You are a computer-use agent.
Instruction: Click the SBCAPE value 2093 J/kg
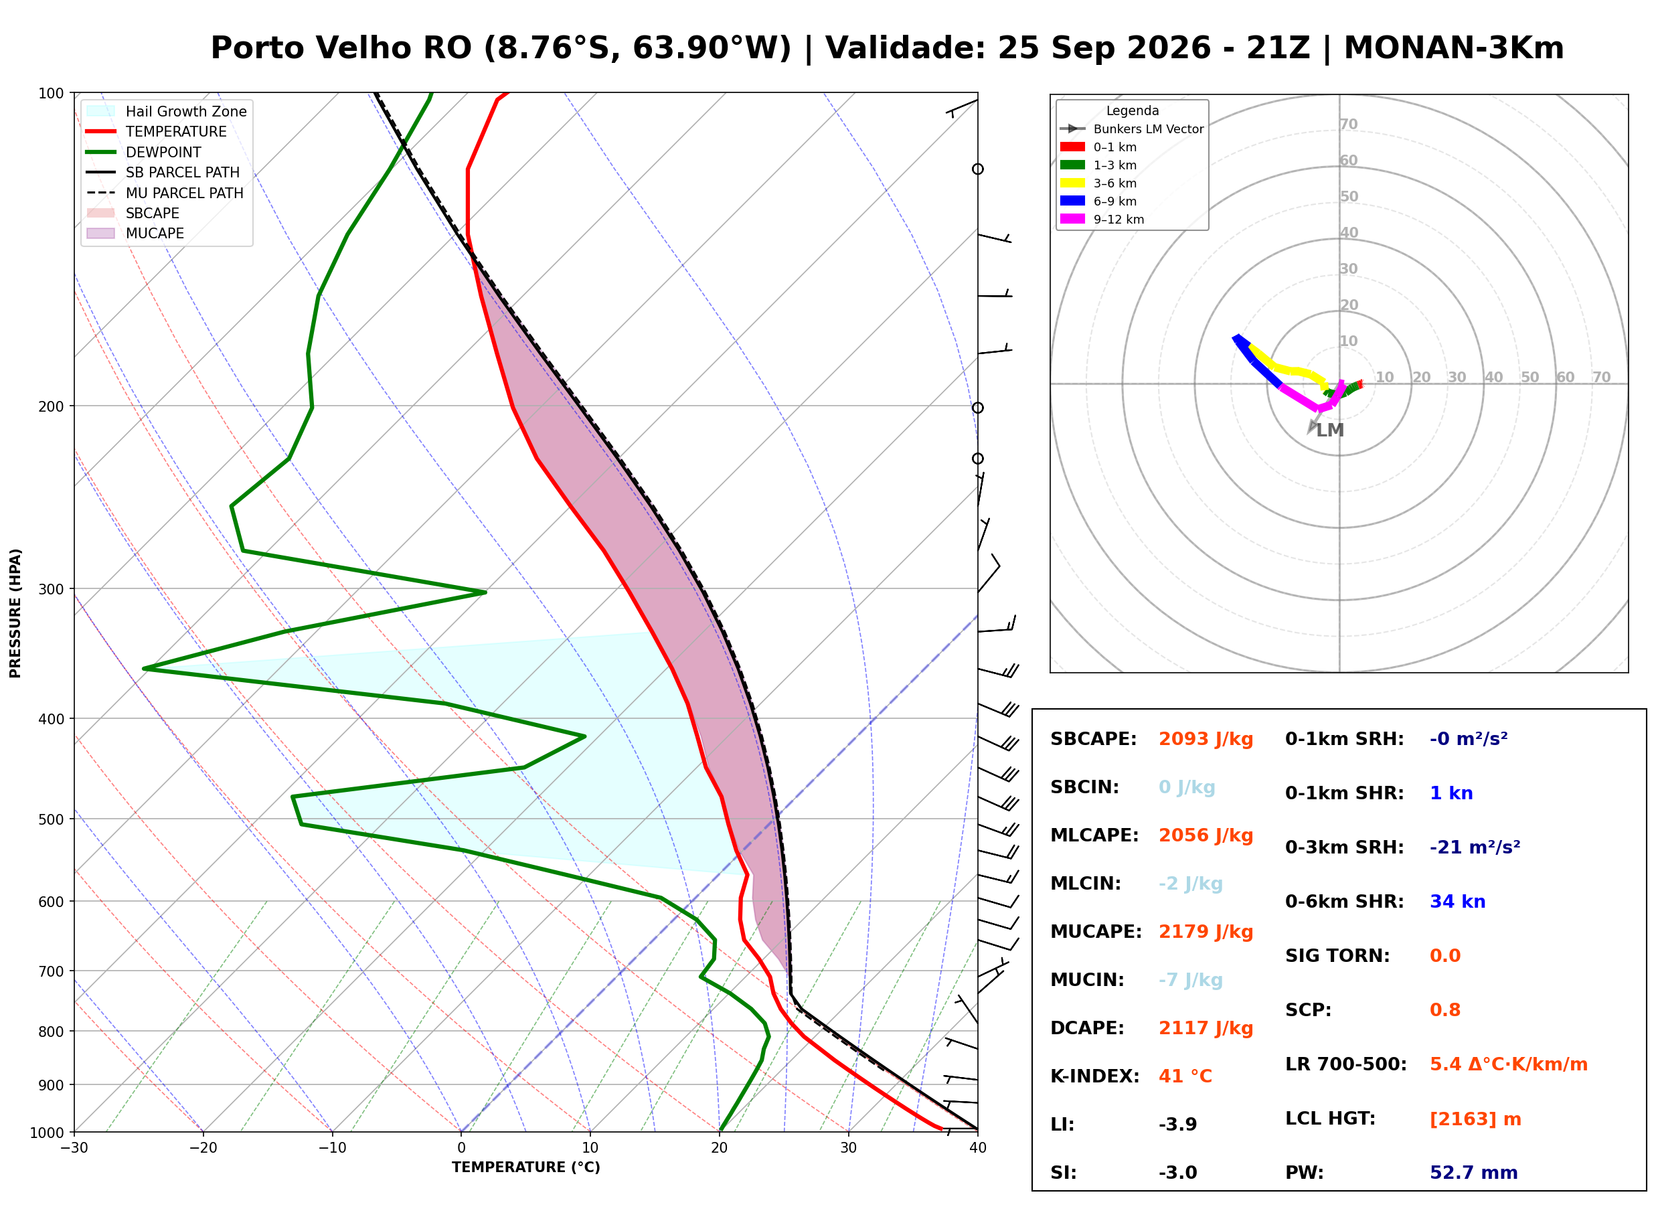1206,739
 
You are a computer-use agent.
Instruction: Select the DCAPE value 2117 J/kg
1206,1028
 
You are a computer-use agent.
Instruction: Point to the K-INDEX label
1095,1076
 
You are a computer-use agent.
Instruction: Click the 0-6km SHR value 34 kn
1457,902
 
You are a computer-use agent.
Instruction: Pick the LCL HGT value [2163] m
1475,1120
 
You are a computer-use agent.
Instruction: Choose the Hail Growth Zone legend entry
167,111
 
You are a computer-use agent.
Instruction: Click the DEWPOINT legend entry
144,152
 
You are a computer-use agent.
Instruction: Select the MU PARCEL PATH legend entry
165,193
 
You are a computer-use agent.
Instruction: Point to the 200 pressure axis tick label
50,406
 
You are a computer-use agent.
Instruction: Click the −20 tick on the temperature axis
203,1148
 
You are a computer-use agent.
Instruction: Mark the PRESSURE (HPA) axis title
15,613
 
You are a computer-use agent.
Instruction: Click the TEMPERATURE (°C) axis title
526,1168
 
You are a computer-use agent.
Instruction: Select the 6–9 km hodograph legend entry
1102,201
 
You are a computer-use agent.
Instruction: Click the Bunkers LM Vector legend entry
1132,129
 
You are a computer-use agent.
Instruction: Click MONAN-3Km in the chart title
1454,48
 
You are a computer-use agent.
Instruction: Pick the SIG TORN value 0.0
1444,956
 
